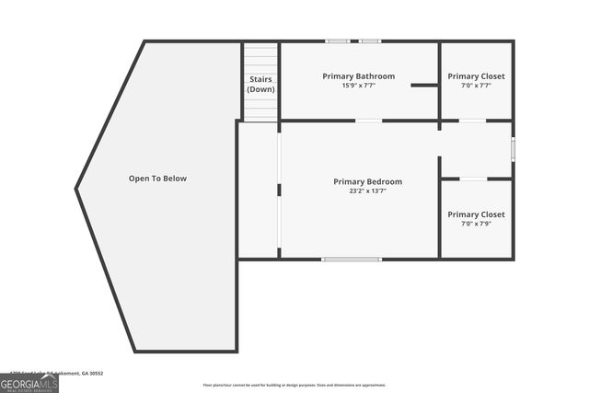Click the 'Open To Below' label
157,179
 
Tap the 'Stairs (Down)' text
261,85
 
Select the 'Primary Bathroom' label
358,75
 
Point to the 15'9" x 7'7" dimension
358,86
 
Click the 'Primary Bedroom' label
367,182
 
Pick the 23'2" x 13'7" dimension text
367,191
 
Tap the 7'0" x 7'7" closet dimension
476,86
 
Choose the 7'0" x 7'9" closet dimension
476,224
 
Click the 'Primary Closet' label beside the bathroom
476,75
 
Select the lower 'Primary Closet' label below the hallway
476,214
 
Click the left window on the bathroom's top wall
337,41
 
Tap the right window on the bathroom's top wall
370,41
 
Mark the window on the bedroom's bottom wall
352,260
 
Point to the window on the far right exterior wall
513,149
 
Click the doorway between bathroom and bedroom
369,121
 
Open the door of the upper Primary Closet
473,121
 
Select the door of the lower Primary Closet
473,179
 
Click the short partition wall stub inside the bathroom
424,86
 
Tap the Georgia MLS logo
29,383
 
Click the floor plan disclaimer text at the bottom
294,385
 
